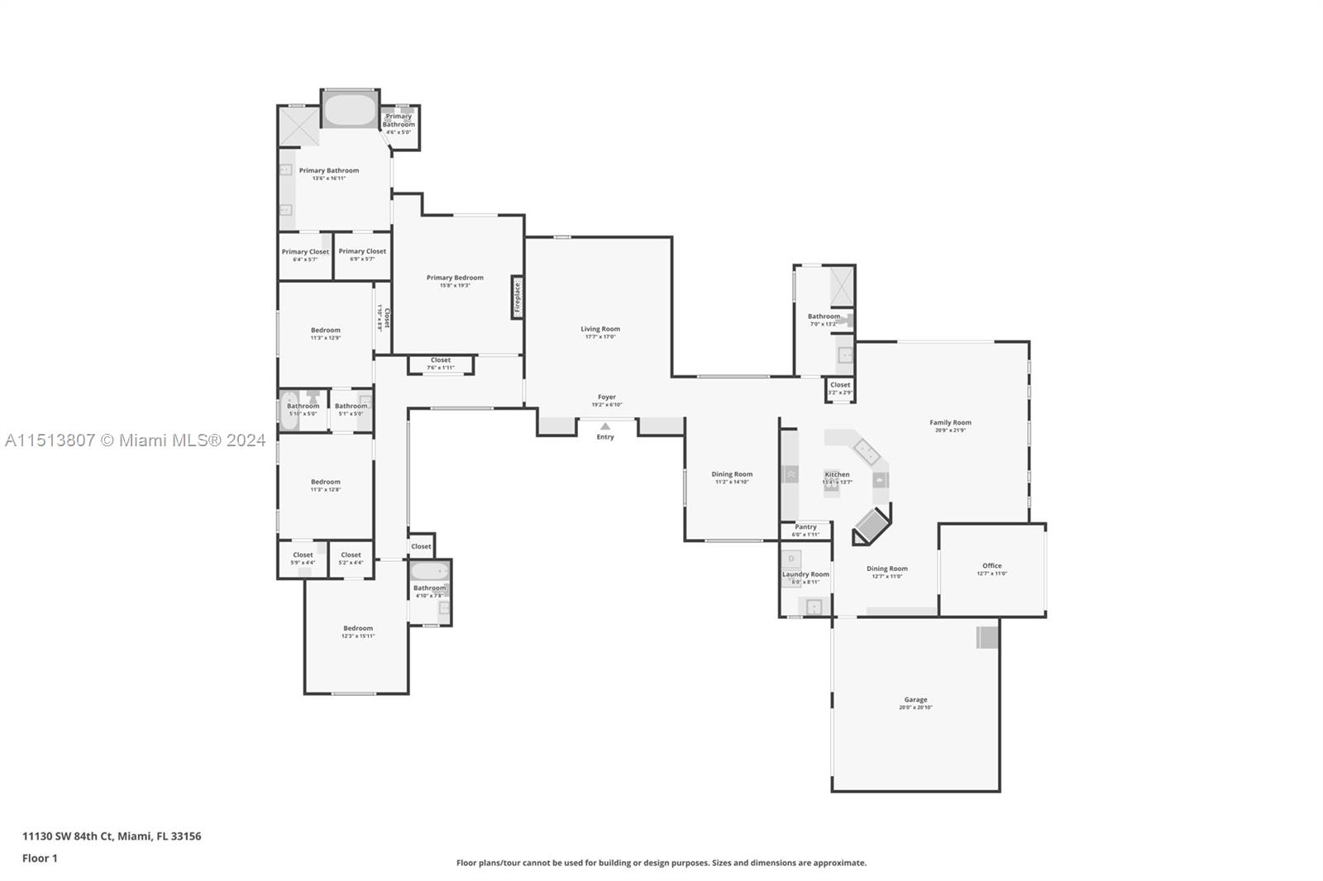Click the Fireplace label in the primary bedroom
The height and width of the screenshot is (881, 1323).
[518, 298]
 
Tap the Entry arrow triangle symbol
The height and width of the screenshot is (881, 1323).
[605, 426]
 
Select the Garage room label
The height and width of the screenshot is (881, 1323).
[915, 700]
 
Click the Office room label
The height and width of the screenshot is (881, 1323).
[991, 566]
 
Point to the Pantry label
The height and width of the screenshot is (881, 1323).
[805, 527]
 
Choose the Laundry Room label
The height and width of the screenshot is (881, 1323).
[805, 574]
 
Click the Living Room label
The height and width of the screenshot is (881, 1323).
[599, 329]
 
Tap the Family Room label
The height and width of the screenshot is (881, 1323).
[950, 422]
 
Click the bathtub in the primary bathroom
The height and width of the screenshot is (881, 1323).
[349, 110]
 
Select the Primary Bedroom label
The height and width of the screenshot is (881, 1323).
[455, 278]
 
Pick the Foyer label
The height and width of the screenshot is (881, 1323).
[607, 398]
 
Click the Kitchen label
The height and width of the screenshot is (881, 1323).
[837, 475]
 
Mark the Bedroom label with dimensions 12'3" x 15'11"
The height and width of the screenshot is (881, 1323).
[358, 629]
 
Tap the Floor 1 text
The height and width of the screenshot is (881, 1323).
[40, 859]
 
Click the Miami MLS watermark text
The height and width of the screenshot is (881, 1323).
[135, 440]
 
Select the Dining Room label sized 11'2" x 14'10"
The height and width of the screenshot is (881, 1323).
[732, 475]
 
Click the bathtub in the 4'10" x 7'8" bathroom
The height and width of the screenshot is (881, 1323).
[429, 572]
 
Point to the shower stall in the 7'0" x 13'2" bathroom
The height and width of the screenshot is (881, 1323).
[842, 286]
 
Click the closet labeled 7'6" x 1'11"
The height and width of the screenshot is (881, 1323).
[441, 361]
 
